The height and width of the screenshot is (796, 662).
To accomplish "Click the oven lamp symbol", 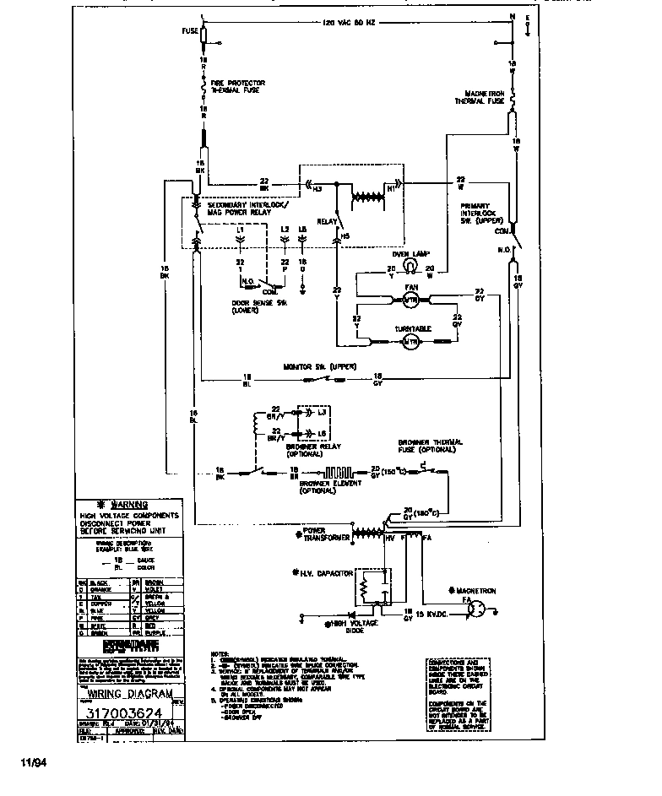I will [x=410, y=267].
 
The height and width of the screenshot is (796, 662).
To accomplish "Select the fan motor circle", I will [x=411, y=300].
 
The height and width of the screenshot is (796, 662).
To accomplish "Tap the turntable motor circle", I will [x=411, y=342].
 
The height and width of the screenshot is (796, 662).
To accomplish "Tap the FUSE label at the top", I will [x=190, y=31].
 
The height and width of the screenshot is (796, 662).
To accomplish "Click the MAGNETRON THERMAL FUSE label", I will [x=483, y=96].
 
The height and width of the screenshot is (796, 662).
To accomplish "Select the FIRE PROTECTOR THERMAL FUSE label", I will [x=236, y=86].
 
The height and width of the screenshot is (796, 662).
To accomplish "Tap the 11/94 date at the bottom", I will [x=31, y=763].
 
